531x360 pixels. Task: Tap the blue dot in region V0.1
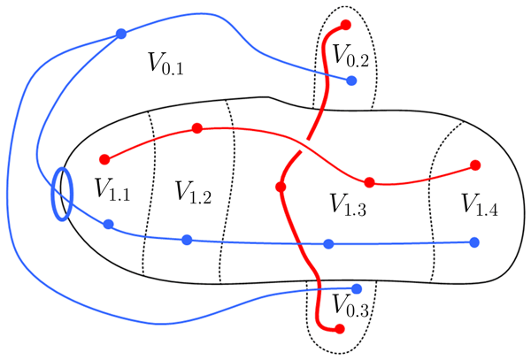click(121, 34)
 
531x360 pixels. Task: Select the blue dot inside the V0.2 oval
click(351, 80)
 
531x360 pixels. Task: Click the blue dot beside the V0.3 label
click(357, 288)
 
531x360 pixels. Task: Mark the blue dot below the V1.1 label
click(108, 225)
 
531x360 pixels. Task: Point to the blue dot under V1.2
click(186, 240)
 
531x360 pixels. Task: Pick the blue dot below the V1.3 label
click(328, 243)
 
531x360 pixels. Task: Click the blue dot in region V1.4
click(475, 241)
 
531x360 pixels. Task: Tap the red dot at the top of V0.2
click(345, 24)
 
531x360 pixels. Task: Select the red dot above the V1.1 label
click(104, 159)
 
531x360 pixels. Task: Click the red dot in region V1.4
click(475, 165)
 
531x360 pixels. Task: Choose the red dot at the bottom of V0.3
click(339, 330)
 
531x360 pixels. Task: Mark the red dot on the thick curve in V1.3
click(281, 188)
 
